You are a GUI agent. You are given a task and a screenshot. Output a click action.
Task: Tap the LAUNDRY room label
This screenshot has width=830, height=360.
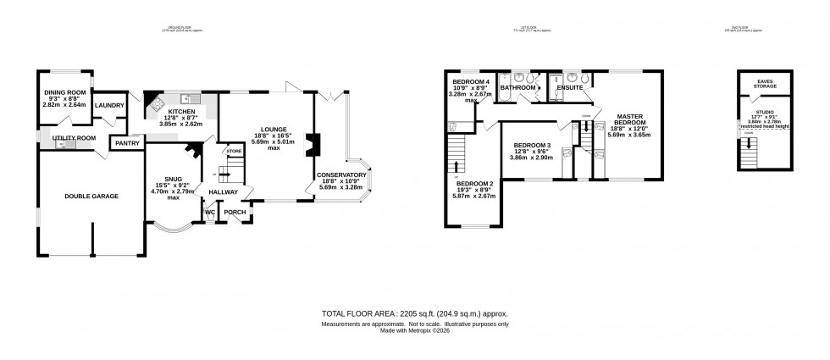(109, 105)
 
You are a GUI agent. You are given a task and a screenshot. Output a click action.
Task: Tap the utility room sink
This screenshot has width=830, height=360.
(60, 145)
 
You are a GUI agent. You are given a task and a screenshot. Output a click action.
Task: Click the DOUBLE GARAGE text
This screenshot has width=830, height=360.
(91, 196)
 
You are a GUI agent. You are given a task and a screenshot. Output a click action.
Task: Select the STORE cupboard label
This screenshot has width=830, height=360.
(234, 151)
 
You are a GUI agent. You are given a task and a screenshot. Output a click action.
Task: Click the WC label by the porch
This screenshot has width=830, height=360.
(209, 213)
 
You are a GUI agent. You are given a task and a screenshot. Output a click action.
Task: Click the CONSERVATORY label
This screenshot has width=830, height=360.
(341, 175)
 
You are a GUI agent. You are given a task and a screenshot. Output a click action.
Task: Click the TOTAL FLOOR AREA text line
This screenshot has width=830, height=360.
(415, 313)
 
